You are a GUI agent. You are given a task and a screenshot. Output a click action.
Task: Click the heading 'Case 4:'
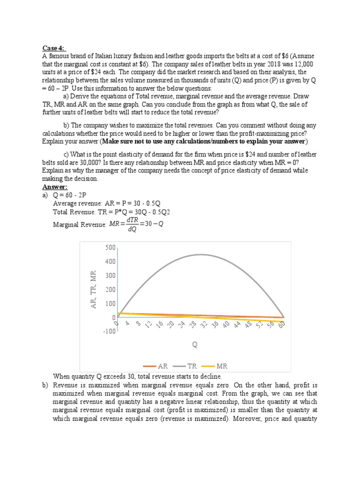point(55,47)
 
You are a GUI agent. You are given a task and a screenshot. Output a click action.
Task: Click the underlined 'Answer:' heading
point(55,186)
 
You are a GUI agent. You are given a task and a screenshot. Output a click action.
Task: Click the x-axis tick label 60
point(281,325)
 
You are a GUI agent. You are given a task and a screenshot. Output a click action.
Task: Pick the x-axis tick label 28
point(192,325)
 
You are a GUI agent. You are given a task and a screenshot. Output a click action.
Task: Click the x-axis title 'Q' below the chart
point(195,345)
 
